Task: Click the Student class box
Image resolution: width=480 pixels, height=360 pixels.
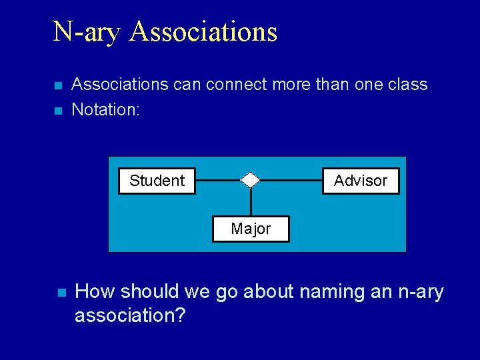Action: click(157, 181)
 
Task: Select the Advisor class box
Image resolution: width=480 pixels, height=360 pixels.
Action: click(361, 181)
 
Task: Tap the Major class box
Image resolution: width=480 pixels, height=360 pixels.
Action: click(251, 229)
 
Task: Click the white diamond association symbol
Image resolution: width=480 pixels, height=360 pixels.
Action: click(250, 180)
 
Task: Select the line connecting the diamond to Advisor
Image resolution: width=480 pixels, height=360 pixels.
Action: click(291, 180)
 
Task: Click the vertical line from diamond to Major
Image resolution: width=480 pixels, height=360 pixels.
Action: click(251, 201)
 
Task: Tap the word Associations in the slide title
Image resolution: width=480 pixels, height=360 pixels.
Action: click(203, 31)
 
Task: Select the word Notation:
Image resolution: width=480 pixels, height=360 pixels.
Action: click(105, 109)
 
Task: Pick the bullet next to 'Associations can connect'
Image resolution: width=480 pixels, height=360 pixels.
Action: click(58, 86)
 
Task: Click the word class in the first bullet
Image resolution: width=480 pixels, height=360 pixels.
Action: click(406, 85)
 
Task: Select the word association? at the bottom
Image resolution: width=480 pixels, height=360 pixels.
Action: click(130, 315)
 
